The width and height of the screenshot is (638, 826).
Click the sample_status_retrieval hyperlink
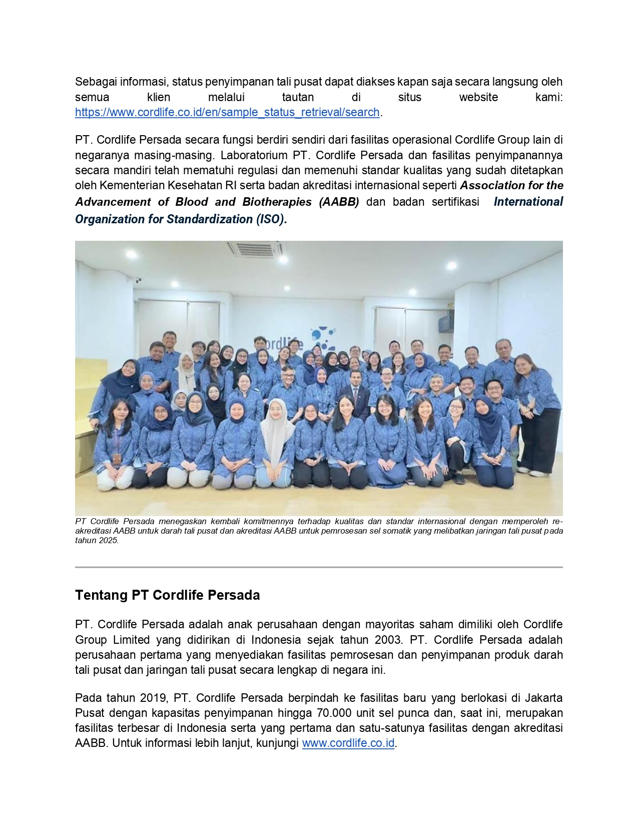pos(227,112)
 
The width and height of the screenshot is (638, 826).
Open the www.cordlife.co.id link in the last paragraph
pos(348,743)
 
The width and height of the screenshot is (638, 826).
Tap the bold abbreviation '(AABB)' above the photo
pos(339,202)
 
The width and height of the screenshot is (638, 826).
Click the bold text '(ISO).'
pos(271,219)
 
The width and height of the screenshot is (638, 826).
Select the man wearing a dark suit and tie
pos(357,392)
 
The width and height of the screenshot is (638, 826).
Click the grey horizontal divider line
pos(319,567)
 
